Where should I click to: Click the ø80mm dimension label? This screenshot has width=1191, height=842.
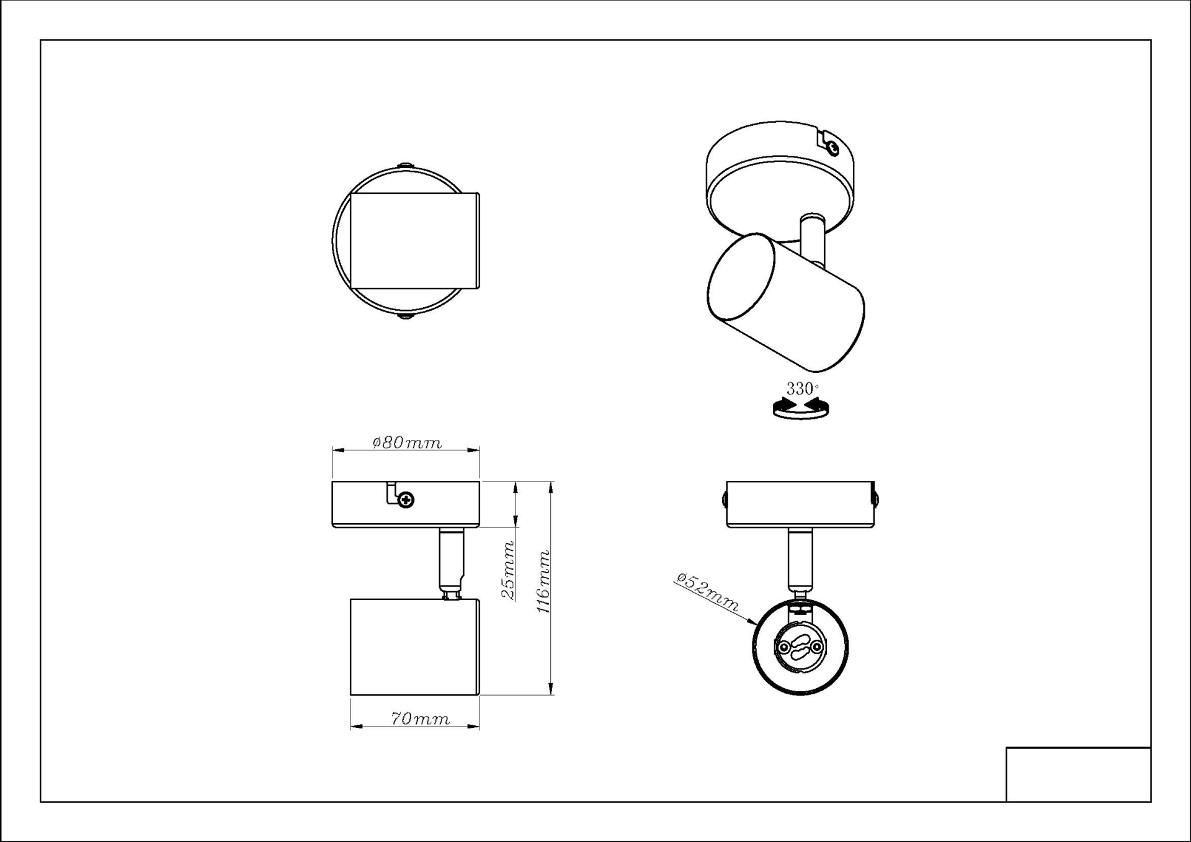point(407,442)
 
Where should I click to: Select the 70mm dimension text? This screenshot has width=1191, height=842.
point(420,719)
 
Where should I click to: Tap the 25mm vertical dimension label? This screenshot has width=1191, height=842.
point(509,570)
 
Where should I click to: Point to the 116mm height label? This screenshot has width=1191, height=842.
point(543,581)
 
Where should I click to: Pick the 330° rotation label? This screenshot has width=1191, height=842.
point(802,389)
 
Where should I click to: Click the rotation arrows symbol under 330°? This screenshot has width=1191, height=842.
point(801,408)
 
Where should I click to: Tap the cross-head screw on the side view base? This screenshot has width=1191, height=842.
point(406,499)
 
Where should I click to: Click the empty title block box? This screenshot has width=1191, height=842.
point(1078,774)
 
